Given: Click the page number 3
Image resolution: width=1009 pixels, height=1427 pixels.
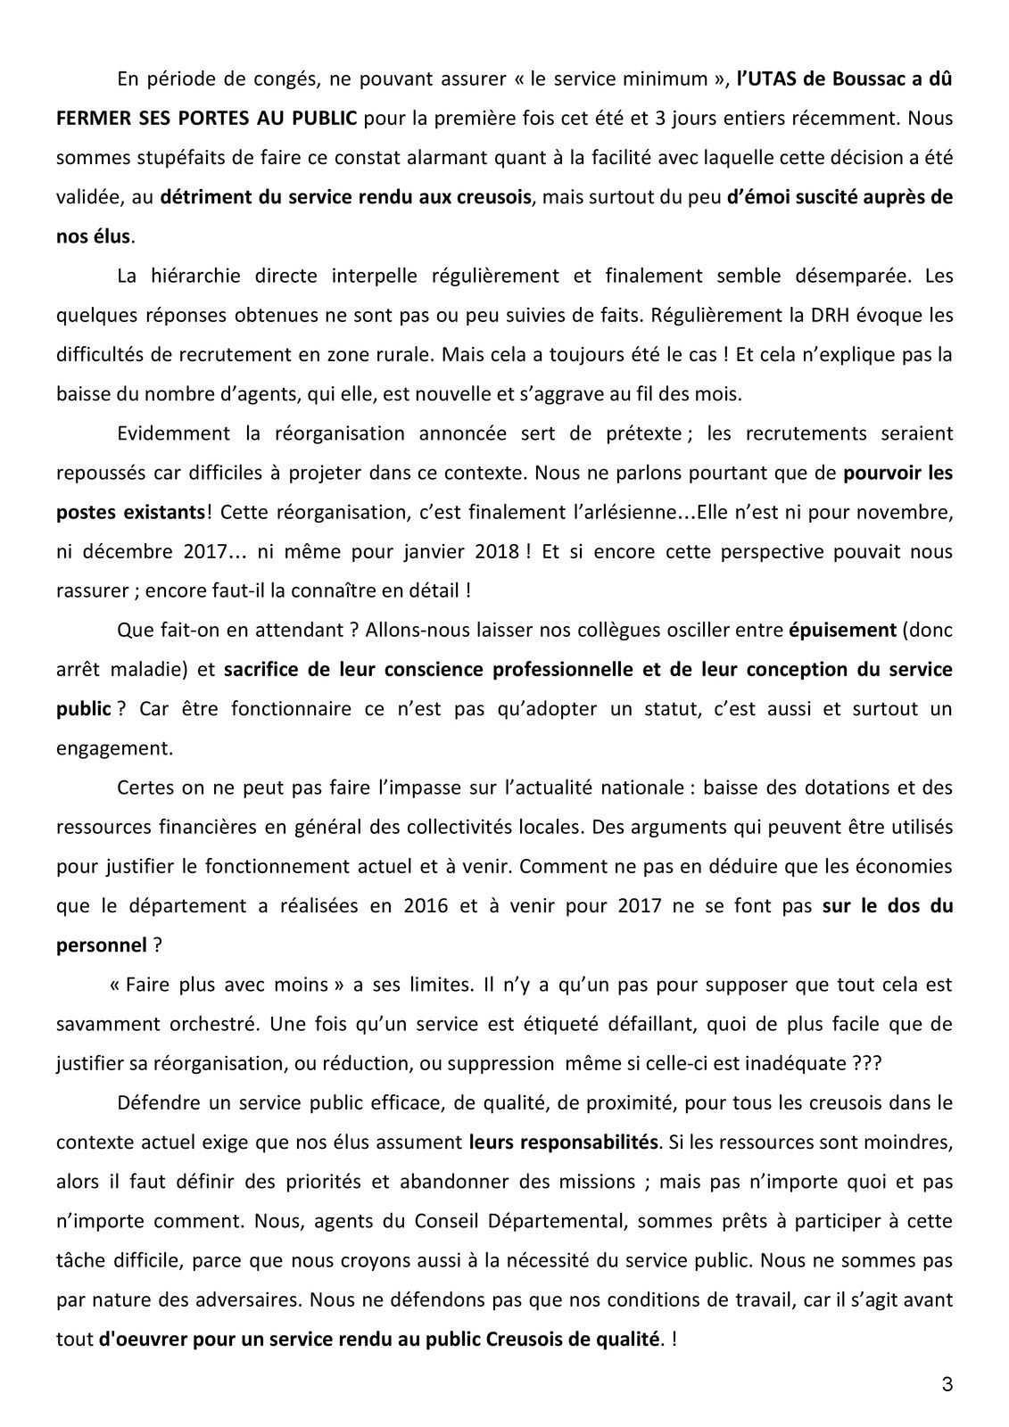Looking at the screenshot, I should coord(947,1385).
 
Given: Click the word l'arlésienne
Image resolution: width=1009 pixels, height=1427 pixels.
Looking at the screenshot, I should coord(627,512).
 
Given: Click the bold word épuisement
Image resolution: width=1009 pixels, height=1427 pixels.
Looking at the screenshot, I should coord(842,630).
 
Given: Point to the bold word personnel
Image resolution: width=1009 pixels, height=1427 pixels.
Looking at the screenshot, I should coord(101,944).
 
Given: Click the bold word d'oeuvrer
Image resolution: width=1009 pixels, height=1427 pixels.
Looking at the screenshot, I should coord(142,1339).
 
